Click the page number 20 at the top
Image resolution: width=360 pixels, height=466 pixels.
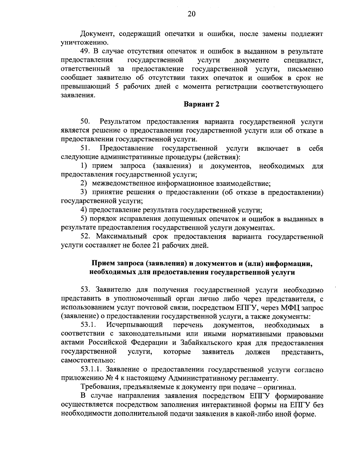pyautogui.click(x=192, y=14)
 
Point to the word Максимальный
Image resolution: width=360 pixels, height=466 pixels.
pyautogui.click(x=121, y=237)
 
